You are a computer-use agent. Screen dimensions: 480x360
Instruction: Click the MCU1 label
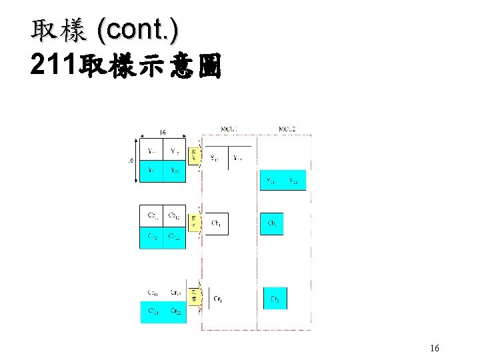[x=230, y=128]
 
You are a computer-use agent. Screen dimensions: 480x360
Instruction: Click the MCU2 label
[x=287, y=128]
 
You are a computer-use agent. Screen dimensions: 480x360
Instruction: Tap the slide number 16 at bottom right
[x=435, y=348]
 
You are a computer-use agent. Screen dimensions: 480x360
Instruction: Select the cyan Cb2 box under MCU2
[x=272, y=223]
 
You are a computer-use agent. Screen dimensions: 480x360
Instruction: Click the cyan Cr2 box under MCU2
[x=275, y=299]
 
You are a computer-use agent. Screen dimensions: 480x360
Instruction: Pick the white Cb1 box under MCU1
[x=217, y=223]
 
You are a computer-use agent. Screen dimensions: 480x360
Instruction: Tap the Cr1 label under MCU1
[x=218, y=299]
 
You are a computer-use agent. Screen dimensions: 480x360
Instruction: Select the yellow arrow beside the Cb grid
[x=193, y=222]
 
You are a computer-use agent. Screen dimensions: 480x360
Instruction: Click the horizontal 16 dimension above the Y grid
[x=162, y=133]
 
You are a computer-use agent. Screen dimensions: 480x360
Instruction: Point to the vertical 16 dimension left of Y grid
[x=131, y=160]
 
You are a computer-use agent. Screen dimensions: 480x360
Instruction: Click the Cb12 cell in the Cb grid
[x=173, y=215]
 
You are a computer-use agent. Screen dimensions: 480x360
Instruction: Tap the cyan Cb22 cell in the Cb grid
[x=174, y=237]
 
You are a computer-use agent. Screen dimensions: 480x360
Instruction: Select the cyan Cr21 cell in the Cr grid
[x=153, y=311]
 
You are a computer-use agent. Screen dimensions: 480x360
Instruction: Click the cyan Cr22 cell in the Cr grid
[x=175, y=311]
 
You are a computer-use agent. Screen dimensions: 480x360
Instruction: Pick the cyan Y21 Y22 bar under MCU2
[x=283, y=181]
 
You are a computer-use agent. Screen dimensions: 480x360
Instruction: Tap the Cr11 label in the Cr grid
[x=153, y=292]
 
